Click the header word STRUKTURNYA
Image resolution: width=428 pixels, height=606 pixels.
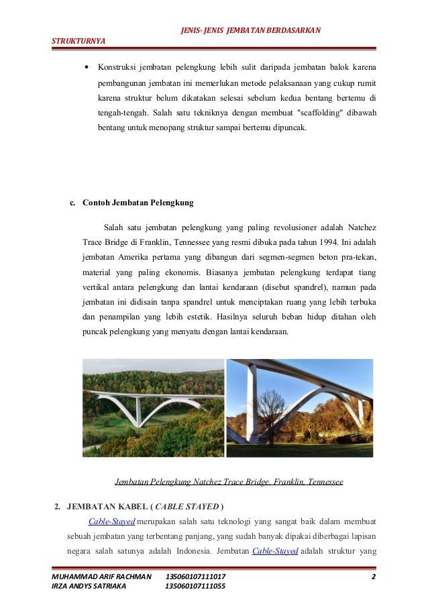(x=78, y=41)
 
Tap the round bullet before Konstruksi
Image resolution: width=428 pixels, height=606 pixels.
(x=87, y=68)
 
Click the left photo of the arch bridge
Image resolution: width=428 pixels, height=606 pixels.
(x=153, y=408)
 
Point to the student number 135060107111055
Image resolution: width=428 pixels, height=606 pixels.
(x=195, y=586)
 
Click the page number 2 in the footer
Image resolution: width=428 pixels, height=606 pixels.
(x=372, y=576)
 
